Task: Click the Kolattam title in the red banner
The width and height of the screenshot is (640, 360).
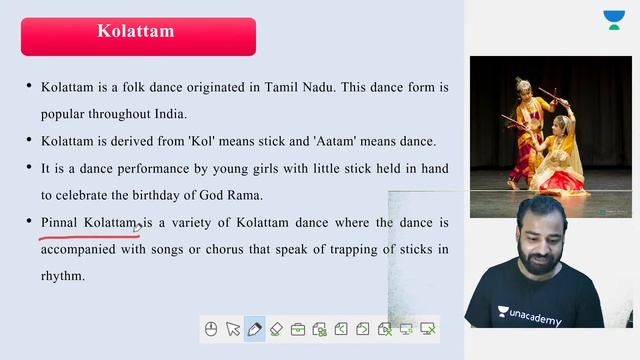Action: [x=136, y=31]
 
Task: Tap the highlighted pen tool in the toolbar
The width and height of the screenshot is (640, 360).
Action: [x=254, y=328]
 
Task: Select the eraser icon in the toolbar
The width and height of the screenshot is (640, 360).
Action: [x=277, y=328]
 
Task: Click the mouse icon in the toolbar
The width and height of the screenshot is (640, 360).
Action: [x=211, y=328]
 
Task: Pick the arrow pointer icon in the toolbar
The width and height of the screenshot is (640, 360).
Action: [x=233, y=328]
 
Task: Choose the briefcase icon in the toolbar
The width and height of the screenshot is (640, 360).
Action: [x=298, y=328]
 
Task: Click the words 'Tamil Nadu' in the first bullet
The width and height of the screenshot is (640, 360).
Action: [x=299, y=87]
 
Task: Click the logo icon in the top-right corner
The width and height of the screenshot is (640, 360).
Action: [x=613, y=21]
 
